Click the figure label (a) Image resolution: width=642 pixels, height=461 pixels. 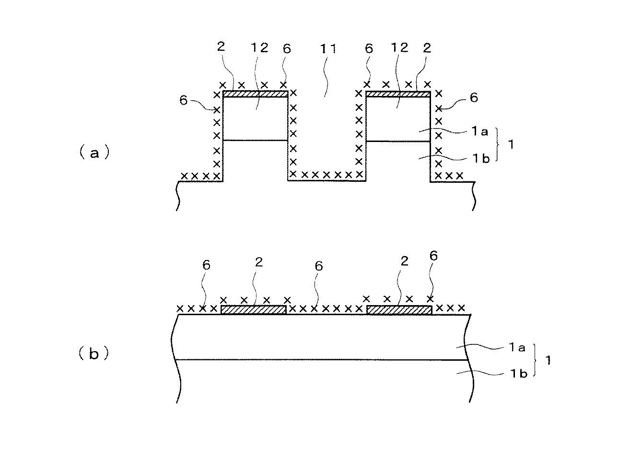tap(94, 153)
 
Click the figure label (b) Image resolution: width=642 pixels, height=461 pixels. tap(94, 354)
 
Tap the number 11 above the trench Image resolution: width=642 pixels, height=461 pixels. tap(329, 48)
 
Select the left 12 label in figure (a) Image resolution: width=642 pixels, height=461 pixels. tap(259, 48)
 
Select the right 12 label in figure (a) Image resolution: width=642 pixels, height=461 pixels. tap(399, 47)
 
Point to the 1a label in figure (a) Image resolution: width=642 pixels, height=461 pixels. tap(481, 132)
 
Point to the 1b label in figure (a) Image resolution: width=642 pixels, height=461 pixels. tap(481, 159)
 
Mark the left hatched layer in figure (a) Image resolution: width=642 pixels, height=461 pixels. tap(256, 94)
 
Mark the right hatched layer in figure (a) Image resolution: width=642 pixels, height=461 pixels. tap(398, 94)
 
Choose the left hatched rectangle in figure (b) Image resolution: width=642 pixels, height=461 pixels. tap(253, 310)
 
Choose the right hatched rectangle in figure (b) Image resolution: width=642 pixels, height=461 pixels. tap(399, 310)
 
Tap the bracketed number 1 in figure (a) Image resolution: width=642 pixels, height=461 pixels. tap(510, 145)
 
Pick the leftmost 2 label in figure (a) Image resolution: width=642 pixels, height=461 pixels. tap(221, 47)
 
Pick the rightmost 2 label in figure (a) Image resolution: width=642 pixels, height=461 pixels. tap(427, 47)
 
